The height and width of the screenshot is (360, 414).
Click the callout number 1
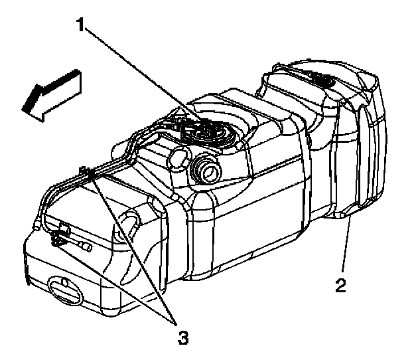click(x=81, y=26)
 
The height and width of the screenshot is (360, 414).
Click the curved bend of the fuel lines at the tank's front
click(x=46, y=199)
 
